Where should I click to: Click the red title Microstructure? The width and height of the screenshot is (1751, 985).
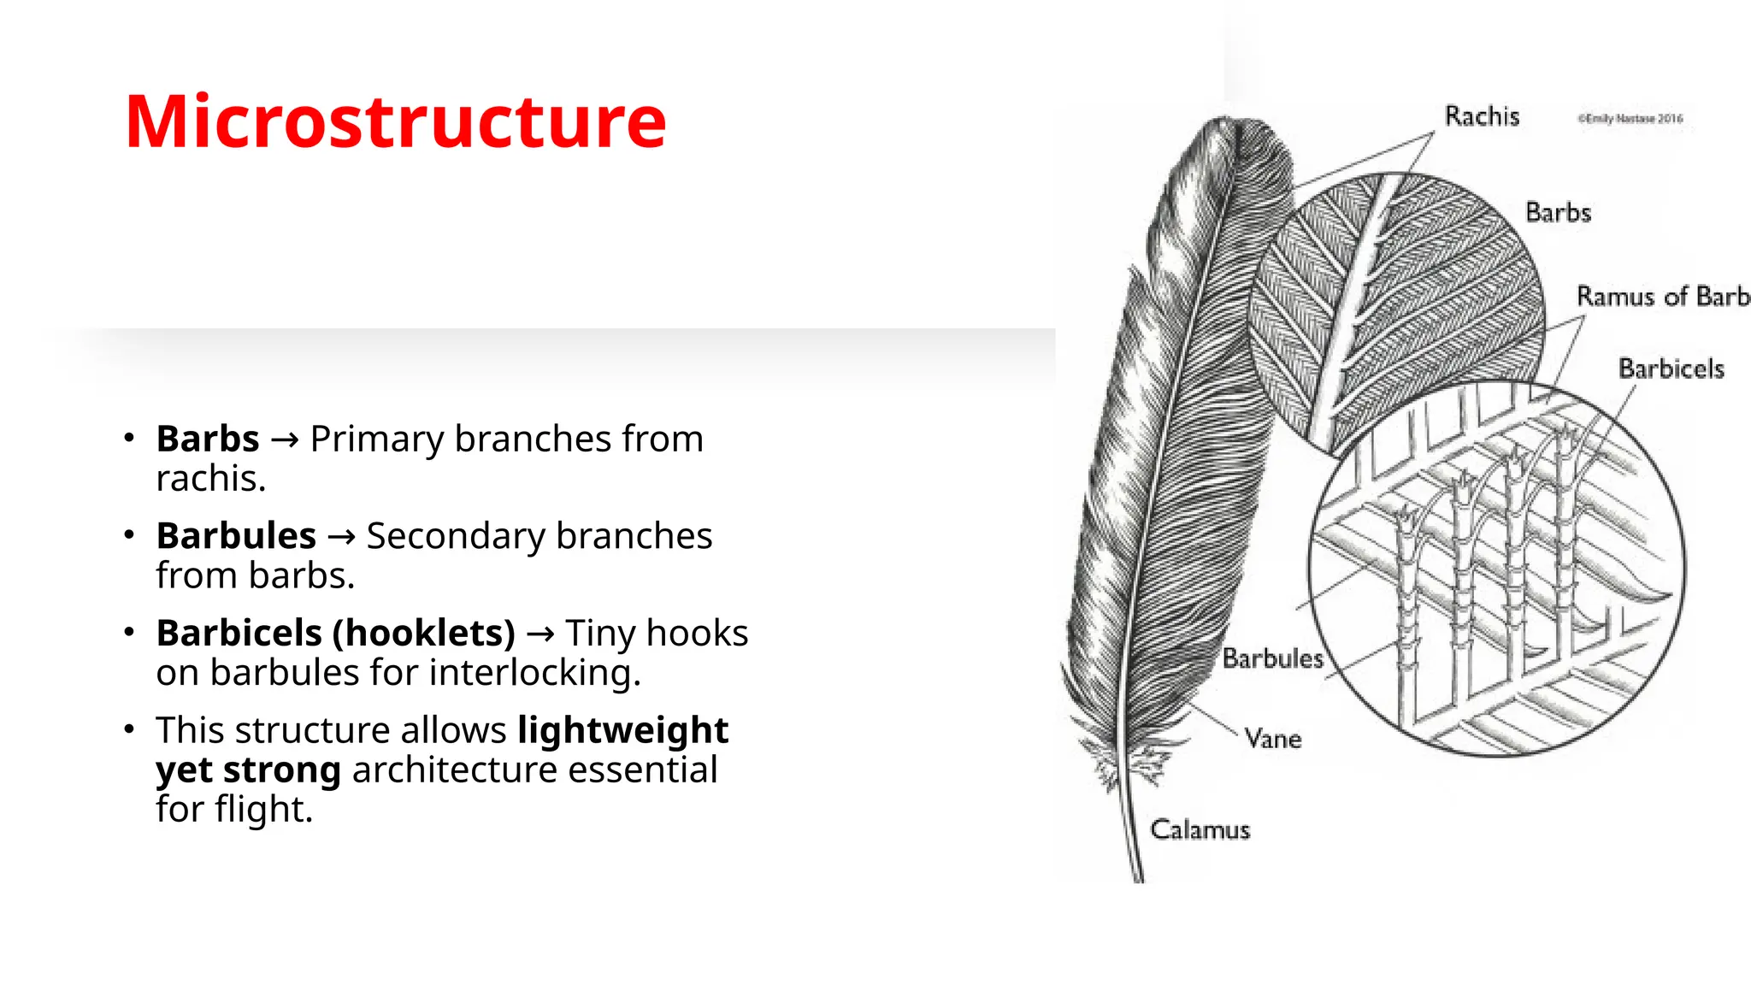pyautogui.click(x=395, y=121)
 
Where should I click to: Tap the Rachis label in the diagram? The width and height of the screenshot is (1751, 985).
pyautogui.click(x=1482, y=116)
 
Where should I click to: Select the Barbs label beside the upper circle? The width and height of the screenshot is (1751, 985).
pyautogui.click(x=1558, y=212)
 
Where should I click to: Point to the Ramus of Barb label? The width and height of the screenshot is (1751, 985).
pyautogui.click(x=1662, y=296)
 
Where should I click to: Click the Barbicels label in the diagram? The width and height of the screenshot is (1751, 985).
pyautogui.click(x=1671, y=369)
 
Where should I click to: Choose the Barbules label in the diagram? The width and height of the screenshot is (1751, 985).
pyautogui.click(x=1272, y=658)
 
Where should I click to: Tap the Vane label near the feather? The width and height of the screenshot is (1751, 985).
pyautogui.click(x=1273, y=739)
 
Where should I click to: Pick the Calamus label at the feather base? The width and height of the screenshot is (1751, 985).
pyautogui.click(x=1200, y=829)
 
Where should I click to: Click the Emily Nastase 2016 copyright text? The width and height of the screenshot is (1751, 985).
pyautogui.click(x=1630, y=119)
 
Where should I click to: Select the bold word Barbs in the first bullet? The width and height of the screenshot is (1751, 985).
pyautogui.click(x=208, y=439)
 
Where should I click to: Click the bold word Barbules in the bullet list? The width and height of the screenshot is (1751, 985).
pyautogui.click(x=236, y=536)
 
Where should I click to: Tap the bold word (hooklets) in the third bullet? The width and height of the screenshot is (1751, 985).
pyautogui.click(x=423, y=634)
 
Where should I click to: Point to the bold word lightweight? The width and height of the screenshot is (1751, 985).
pyautogui.click(x=622, y=730)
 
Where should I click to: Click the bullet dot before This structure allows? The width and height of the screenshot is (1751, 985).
pyautogui.click(x=129, y=729)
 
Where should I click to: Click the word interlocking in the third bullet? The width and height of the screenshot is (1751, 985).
pyautogui.click(x=534, y=673)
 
